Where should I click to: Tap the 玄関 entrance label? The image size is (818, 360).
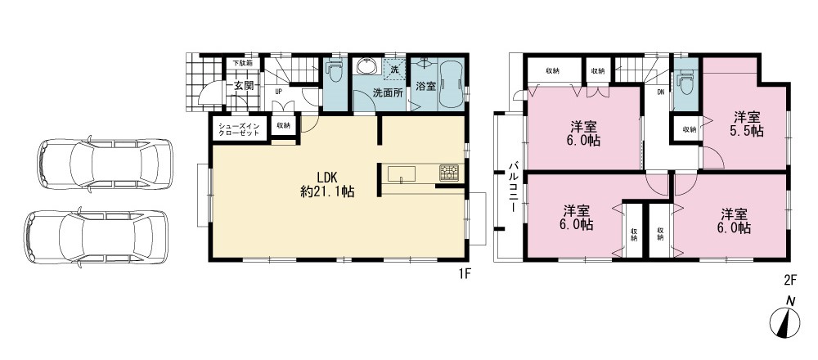click(244, 86)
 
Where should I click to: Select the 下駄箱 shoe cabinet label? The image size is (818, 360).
click(243, 63)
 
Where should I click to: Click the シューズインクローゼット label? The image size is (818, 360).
click(239, 129)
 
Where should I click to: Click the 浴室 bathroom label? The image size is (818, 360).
click(425, 86)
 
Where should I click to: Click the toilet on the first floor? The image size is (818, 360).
click(335, 71)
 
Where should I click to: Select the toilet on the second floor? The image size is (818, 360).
click(685, 81)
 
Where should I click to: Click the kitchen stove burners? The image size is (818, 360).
click(448, 173)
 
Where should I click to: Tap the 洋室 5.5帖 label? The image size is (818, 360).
click(747, 124)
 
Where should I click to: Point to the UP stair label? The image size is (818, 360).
click(278, 90)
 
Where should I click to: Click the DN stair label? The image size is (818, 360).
click(660, 93)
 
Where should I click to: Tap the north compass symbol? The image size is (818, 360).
click(785, 319)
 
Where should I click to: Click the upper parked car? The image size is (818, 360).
click(105, 164)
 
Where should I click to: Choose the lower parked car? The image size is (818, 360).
click(96, 236)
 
